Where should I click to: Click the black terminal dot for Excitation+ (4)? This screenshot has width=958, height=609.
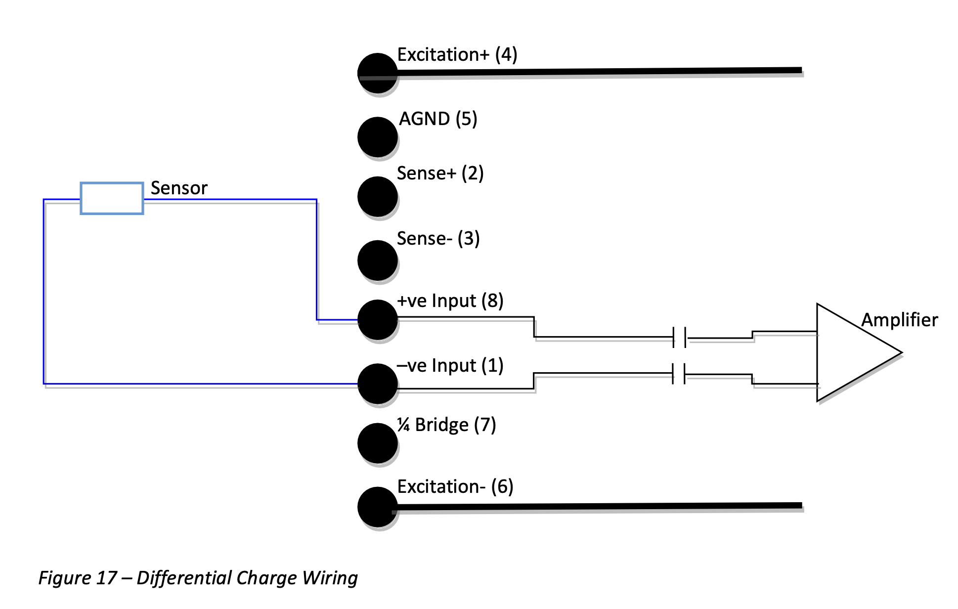377,73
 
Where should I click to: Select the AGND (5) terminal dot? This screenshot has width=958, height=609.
377,137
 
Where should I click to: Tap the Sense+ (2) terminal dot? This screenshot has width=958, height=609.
377,196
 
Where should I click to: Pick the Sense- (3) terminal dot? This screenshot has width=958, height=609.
377,260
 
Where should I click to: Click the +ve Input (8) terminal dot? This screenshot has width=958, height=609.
377,320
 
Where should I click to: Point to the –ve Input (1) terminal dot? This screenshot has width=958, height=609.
377,384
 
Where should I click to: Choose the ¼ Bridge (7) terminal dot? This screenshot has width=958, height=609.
377,443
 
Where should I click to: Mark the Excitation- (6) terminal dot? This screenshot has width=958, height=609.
377,507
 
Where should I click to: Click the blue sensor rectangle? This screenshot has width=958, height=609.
112,198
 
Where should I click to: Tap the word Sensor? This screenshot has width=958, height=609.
179,188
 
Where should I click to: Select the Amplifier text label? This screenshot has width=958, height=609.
899,320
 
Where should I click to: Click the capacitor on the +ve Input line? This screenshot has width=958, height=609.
679,337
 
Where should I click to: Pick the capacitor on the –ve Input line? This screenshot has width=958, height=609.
679,374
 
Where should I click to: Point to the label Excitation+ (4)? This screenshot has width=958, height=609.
457,55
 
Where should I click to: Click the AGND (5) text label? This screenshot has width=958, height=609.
438,119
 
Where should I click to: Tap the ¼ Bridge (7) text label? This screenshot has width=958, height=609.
446,425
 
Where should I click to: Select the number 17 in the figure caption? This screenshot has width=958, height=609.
107,578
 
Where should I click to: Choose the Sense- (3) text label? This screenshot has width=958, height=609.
438,239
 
